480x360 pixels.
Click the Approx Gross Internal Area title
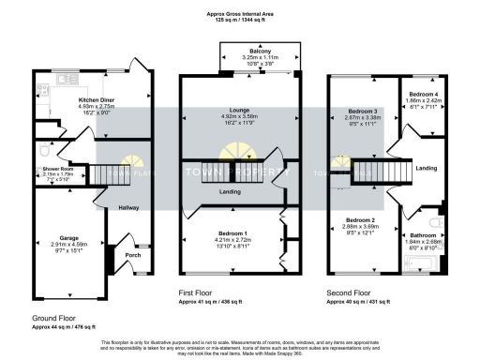click(240, 14)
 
